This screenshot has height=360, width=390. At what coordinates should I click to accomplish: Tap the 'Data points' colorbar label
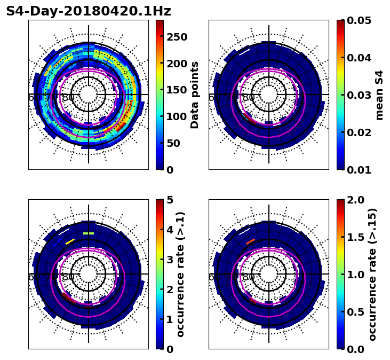195,95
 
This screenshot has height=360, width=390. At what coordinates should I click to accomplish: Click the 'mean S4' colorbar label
379,95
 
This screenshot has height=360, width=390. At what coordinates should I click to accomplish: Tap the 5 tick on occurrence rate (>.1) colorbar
170,200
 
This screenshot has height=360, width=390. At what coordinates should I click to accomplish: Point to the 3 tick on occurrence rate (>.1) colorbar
170,260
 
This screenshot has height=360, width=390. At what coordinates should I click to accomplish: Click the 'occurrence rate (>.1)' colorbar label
180,274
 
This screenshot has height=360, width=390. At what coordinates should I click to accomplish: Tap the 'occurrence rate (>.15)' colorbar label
372,274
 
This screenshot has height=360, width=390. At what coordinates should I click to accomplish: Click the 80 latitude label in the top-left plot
68,98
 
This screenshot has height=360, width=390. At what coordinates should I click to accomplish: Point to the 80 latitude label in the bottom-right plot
249,277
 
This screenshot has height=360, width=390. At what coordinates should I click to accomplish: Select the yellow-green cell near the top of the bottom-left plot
89,233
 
